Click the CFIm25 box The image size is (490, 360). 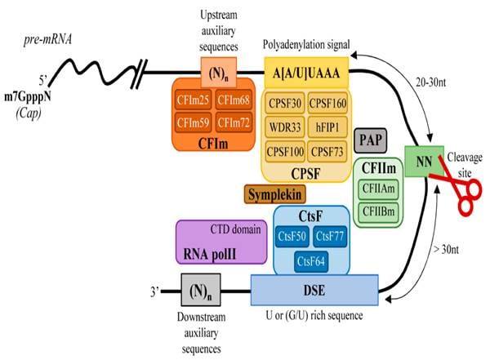(194, 102)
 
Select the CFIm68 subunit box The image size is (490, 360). (233, 102)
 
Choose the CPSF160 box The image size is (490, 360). (329, 104)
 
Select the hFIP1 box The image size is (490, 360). (329, 128)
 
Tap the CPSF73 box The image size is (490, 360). (329, 153)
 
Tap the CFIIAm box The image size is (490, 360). (379, 187)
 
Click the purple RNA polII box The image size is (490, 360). (219, 241)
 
